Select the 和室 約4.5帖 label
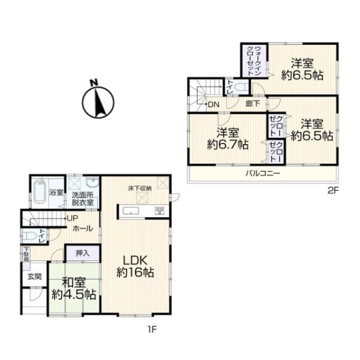coord(74,289)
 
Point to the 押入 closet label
coord(83,254)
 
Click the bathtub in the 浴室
coord(38,193)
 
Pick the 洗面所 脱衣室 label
coord(83,199)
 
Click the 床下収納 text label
coord(139,188)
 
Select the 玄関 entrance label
coord(34,277)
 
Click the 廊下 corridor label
coord(253,104)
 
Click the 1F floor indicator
coord(152,328)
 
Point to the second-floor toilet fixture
coord(241,88)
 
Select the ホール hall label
coord(82,229)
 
